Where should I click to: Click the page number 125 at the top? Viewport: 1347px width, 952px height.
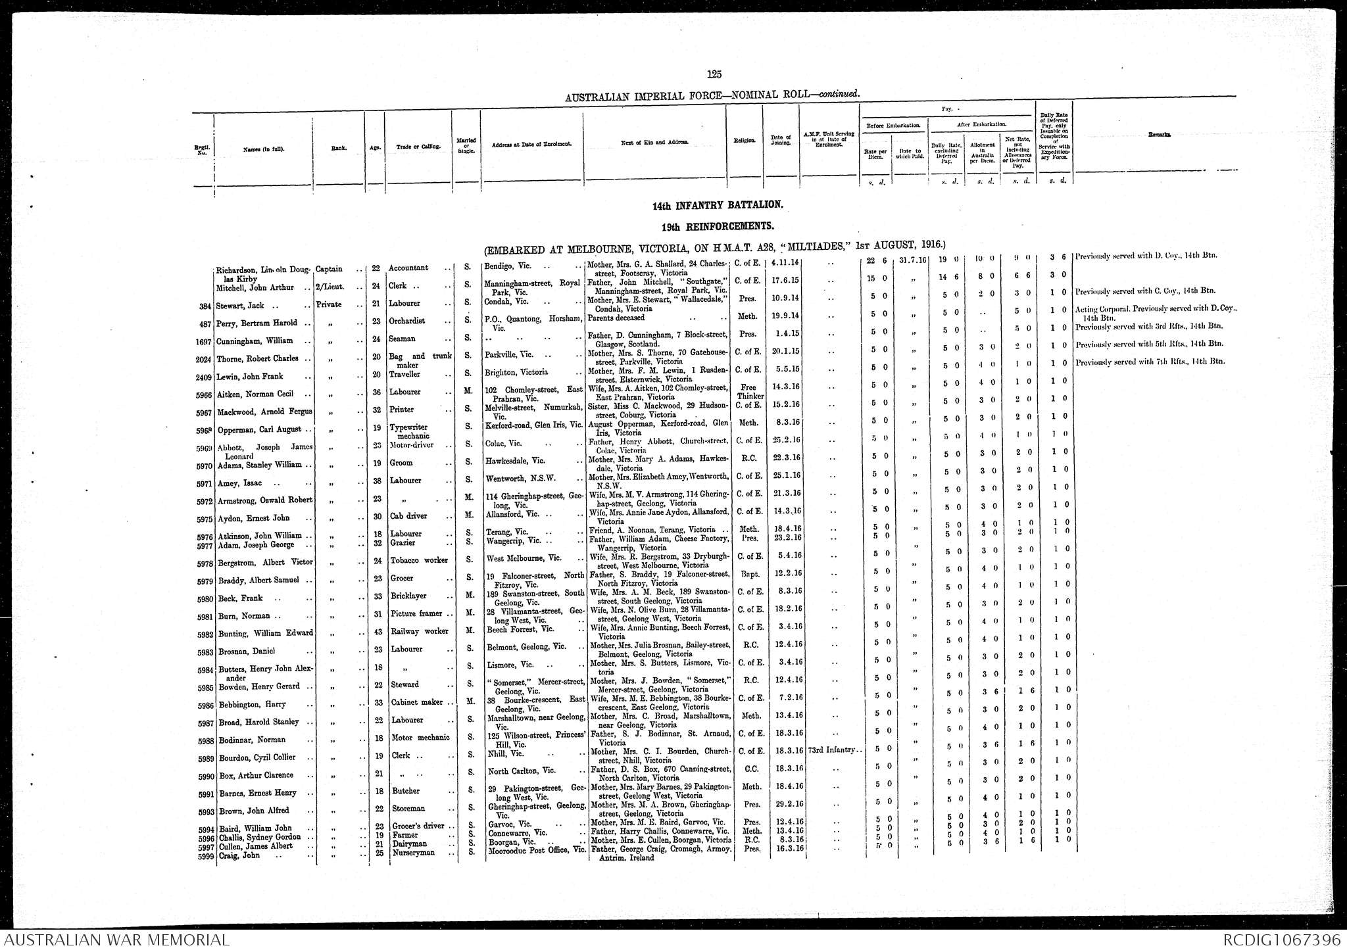(x=714, y=74)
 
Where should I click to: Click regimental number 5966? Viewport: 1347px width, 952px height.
(x=204, y=395)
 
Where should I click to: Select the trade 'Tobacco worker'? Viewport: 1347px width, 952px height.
(x=418, y=560)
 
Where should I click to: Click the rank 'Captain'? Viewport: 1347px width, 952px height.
(x=329, y=269)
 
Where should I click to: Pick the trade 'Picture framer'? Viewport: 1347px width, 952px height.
(x=417, y=613)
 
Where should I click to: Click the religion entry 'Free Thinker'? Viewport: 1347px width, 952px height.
(x=748, y=392)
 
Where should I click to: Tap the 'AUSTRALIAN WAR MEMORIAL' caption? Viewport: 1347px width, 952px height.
(x=116, y=940)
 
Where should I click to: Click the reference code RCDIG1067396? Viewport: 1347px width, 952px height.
(x=1282, y=940)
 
